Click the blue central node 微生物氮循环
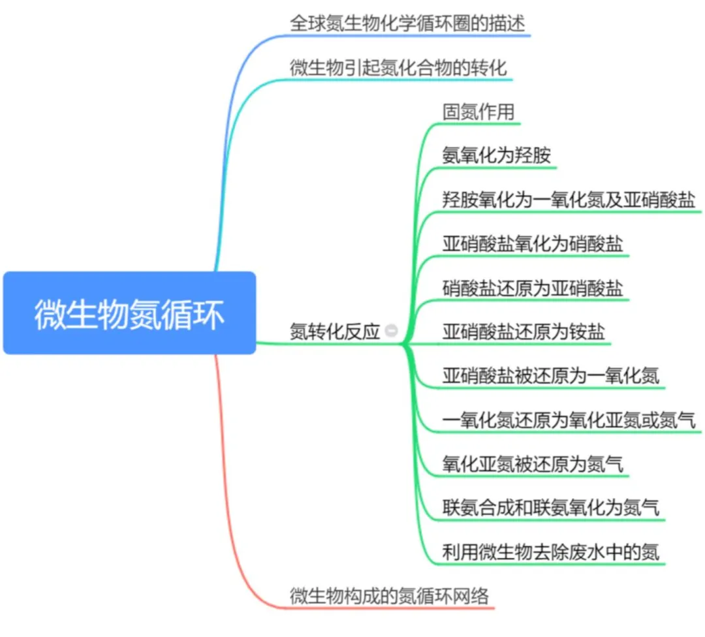tap(129, 313)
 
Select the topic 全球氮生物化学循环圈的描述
tap(407, 24)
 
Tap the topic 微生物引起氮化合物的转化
tap(398, 67)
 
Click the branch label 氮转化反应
tap(334, 332)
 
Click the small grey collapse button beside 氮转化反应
tap(392, 332)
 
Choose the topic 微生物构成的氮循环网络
tap(389, 595)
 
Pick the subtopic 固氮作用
tap(478, 112)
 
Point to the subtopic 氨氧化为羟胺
tap(497, 156)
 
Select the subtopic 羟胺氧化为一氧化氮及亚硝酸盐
tap(569, 200)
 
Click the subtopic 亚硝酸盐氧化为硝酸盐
tap(533, 244)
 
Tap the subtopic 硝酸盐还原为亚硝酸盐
tap(533, 288)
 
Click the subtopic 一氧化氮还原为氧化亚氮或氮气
tap(569, 420)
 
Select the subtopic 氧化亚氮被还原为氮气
tap(533, 464)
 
